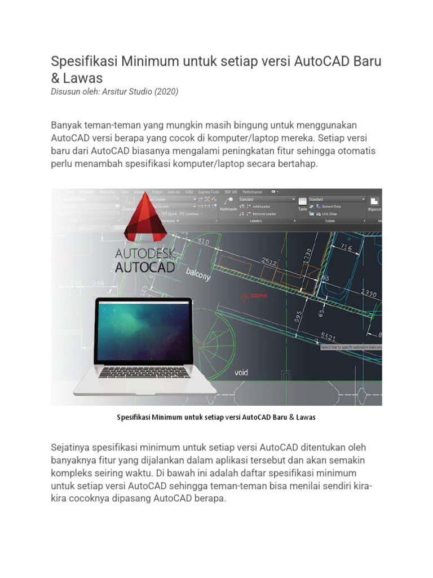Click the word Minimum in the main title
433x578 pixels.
click(146, 61)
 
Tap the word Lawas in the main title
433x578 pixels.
click(83, 78)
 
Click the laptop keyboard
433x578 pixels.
click(144, 372)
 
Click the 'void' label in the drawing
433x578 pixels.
click(241, 373)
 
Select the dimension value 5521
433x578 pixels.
click(328, 336)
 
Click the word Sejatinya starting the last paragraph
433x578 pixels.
click(73, 447)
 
